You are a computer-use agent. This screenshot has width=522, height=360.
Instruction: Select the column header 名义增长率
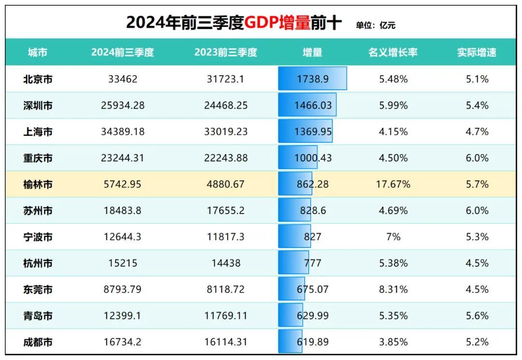pyautogui.click(x=392, y=53)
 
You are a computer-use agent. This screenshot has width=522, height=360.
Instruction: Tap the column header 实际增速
pyautogui.click(x=477, y=53)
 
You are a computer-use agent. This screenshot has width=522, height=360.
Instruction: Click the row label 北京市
pyautogui.click(x=38, y=79)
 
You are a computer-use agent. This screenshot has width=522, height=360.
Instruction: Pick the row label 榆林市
pyautogui.click(x=38, y=184)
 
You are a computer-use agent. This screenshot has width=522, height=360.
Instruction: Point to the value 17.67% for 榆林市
pyautogui.click(x=393, y=184)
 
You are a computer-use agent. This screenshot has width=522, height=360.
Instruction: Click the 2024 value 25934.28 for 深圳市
pyautogui.click(x=123, y=105)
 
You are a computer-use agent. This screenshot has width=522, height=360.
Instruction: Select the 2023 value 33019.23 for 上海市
pyautogui.click(x=226, y=131)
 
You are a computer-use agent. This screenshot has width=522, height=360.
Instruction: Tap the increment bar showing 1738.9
pyautogui.click(x=312, y=79)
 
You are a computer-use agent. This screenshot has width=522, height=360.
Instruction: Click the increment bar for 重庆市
pyautogui.click(x=298, y=158)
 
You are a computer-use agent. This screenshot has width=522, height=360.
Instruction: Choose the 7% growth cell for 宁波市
pyautogui.click(x=393, y=237)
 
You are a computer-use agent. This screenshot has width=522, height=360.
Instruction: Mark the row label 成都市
pyautogui.click(x=38, y=342)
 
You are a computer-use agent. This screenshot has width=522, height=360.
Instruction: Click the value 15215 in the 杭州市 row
pyautogui.click(x=123, y=263)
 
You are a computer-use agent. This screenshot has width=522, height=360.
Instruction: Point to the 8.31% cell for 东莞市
pyautogui.click(x=393, y=289)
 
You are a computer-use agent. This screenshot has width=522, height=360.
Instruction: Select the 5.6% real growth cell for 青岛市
pyautogui.click(x=477, y=316)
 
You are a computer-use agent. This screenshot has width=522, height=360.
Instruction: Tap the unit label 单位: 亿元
pyautogui.click(x=376, y=25)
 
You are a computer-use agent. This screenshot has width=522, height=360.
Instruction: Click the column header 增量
pyautogui.click(x=312, y=53)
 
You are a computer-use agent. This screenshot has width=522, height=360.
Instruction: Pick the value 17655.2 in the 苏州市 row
pyautogui.click(x=226, y=211)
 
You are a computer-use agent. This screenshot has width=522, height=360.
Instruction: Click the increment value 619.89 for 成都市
pyautogui.click(x=312, y=342)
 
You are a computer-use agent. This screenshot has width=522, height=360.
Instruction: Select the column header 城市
pyautogui.click(x=38, y=53)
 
